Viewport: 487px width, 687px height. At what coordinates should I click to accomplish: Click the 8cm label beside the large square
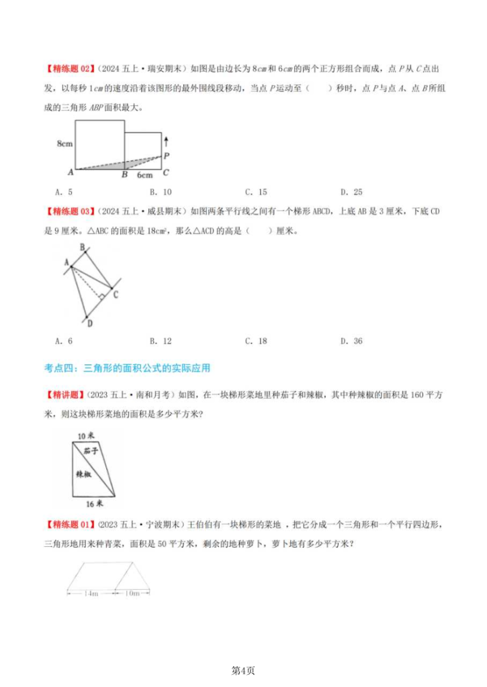tap(65, 144)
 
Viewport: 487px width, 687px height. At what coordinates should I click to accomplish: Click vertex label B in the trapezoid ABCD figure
tap(83, 248)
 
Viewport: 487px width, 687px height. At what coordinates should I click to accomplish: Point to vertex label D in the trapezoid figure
tap(89, 323)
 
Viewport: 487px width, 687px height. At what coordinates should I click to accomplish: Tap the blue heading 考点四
tap(127, 368)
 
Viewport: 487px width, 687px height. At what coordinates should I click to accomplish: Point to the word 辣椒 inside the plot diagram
tap(83, 473)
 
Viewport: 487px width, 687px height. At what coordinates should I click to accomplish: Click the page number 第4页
tap(243, 670)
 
